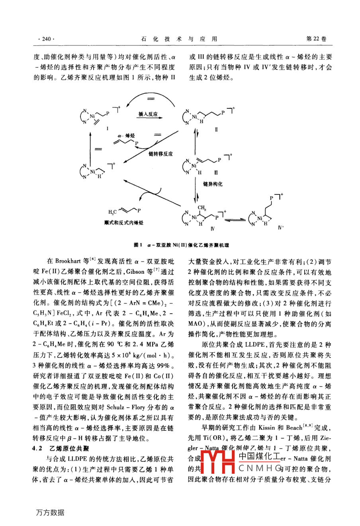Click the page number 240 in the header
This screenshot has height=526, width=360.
pos(45,39)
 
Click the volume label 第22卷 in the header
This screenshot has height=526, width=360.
pos(316,39)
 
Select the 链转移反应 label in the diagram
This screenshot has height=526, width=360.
pos(160,153)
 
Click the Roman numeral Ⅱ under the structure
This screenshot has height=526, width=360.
pos(216,130)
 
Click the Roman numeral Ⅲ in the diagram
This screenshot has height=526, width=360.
pos(217,173)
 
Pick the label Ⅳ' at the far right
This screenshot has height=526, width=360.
pos(281,228)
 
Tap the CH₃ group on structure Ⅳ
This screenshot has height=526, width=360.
pos(202,208)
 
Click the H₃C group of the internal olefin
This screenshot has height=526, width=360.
pos(112,212)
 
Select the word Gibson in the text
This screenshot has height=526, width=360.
pos(135,272)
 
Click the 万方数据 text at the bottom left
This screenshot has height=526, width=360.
pos(50,512)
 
